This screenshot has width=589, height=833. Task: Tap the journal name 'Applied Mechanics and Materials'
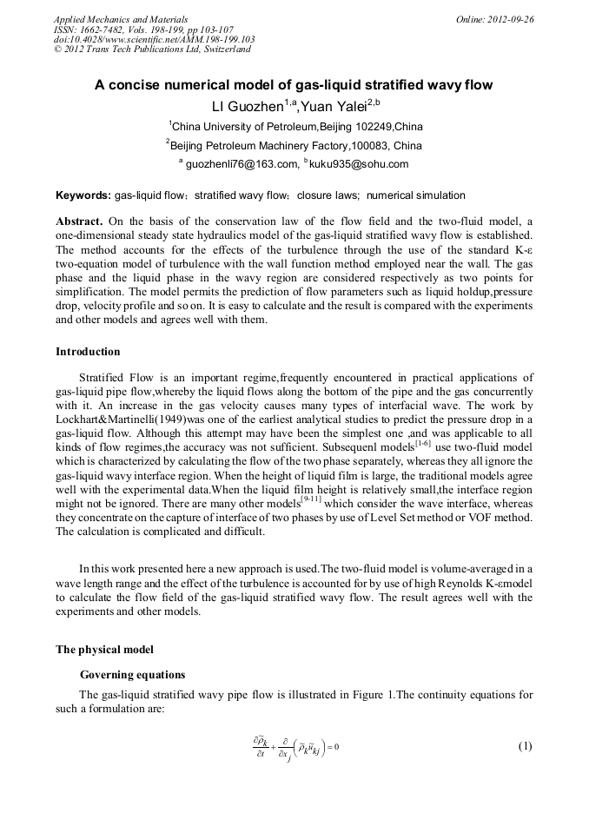[x=121, y=19]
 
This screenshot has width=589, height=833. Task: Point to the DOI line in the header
[x=154, y=39]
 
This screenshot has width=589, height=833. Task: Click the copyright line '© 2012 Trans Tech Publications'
[x=152, y=50]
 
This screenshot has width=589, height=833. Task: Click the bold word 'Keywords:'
[x=83, y=195]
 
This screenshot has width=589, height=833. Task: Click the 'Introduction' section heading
[x=88, y=352]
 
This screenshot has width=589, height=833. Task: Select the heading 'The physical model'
[x=105, y=649]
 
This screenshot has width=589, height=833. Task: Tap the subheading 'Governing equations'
[x=132, y=674]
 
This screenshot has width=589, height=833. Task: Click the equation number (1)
[x=524, y=746]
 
